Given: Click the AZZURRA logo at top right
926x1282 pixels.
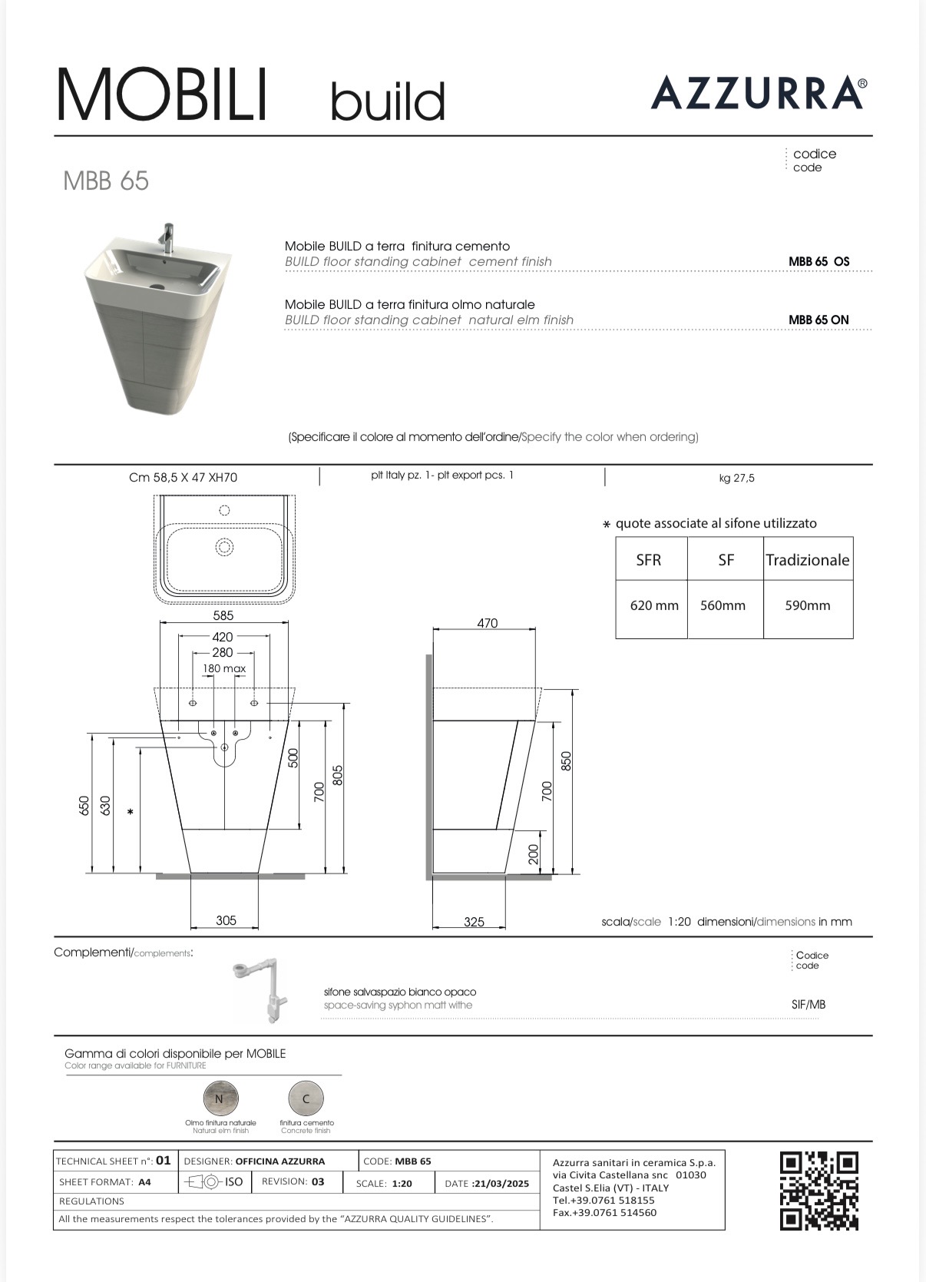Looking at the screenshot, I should point(759,93).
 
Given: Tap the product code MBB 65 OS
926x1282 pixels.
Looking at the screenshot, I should point(819,261).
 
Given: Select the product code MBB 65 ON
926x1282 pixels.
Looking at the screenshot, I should point(819,320).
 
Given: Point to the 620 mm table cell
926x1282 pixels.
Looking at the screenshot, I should point(654,605).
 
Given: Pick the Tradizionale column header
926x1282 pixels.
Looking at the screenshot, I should point(808,560).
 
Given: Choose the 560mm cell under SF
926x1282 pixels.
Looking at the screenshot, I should point(723,605).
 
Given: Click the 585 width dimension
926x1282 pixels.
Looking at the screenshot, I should point(223,615).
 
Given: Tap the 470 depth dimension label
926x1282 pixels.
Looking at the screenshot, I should point(487,623).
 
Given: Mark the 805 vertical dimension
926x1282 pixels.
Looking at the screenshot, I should point(338,775).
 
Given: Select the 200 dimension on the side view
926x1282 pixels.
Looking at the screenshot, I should point(534,854).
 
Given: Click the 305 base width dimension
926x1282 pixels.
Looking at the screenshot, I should point(226,920).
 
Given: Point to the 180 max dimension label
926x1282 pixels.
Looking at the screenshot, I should point(224,668).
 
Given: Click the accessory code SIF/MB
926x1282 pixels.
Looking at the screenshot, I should point(809,1004).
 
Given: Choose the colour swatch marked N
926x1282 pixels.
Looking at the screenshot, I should point(220,1098).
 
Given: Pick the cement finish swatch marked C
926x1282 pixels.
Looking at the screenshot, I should point(306,1098).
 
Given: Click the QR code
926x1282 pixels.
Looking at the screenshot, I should point(819,1190).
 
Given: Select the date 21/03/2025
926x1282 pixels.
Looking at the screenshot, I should point(501,1183).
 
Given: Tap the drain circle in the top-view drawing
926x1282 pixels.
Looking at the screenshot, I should point(224,547).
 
